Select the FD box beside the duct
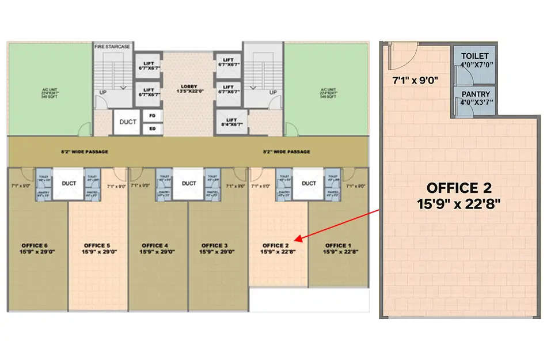[153, 115]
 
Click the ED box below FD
[153, 128]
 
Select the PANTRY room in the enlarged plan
[474, 98]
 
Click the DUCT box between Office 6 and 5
[69, 183]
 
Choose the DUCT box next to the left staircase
[127, 122]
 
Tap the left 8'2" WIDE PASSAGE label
[85, 152]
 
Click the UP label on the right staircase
[273, 92]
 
